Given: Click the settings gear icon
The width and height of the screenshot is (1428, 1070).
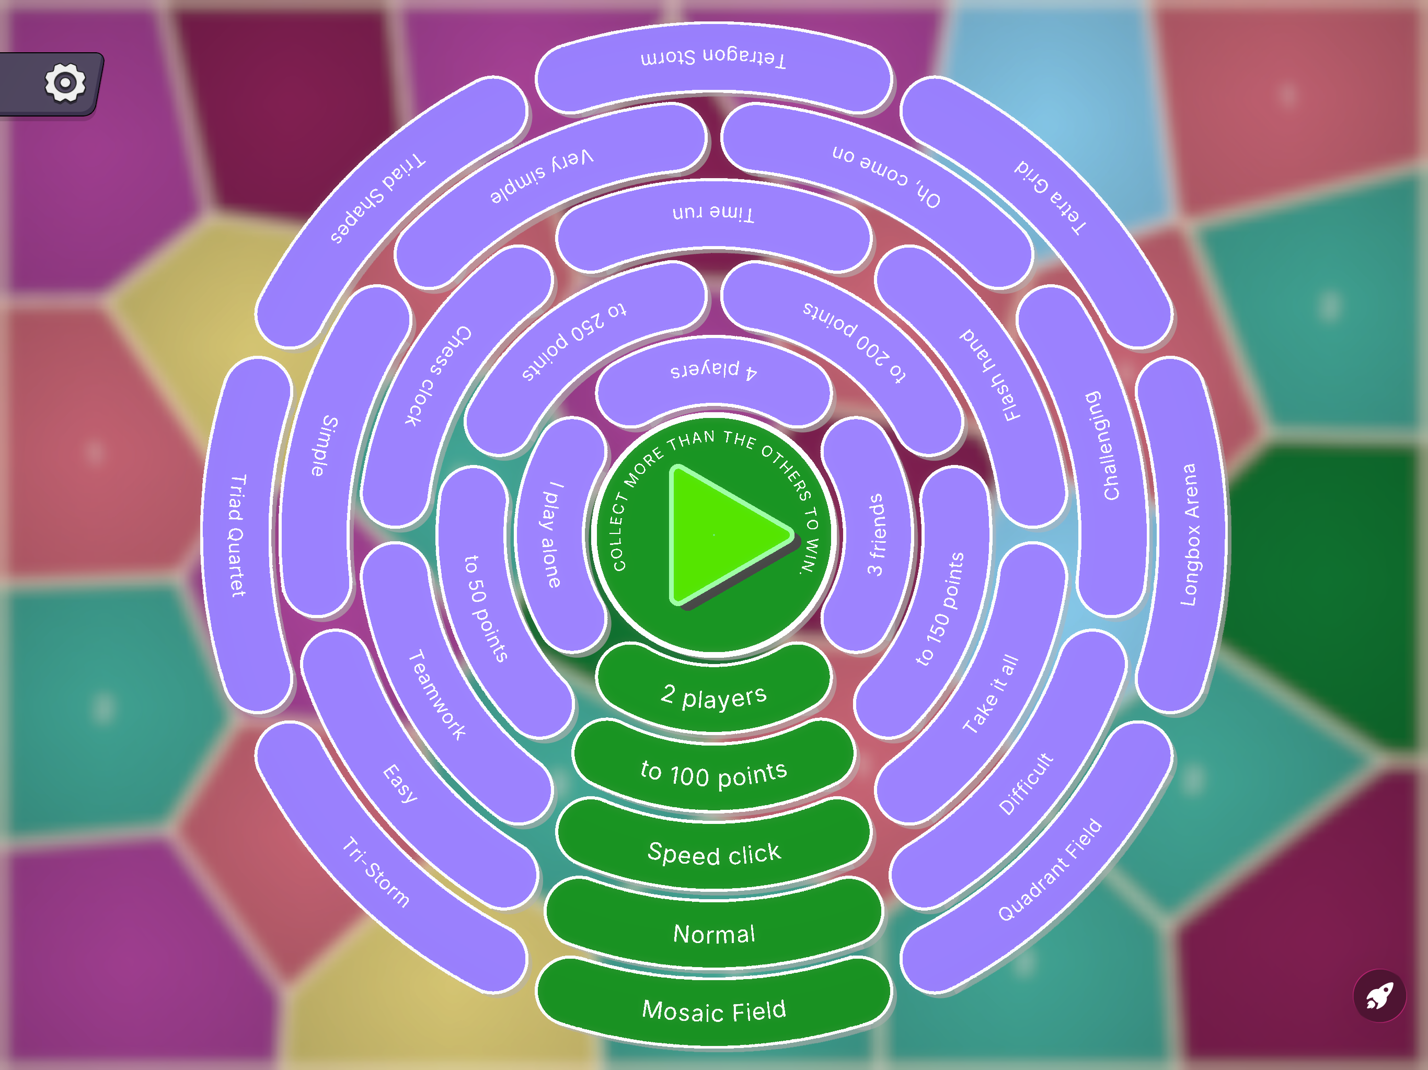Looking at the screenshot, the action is coord(65,83).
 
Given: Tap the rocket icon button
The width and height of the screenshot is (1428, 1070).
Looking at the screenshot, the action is coord(1379,996).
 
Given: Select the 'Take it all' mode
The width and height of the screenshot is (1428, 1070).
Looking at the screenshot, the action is coord(992,694).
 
